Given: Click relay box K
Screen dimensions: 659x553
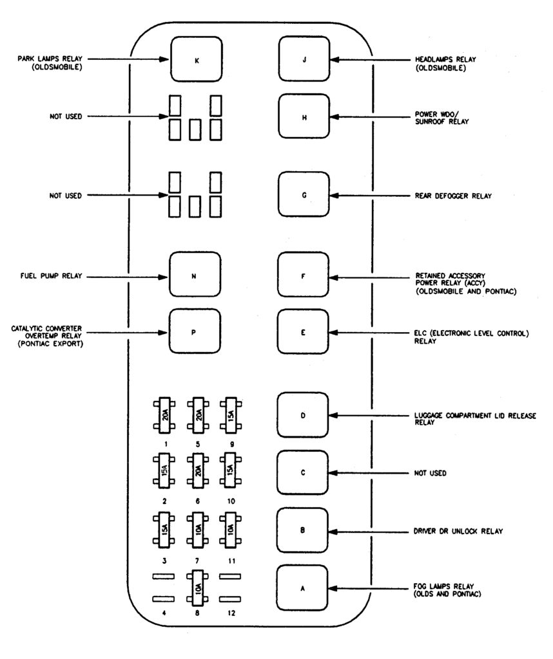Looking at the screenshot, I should [x=196, y=60].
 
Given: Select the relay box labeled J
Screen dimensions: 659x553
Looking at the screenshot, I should [x=304, y=60].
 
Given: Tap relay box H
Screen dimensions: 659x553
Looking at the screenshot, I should [x=304, y=117].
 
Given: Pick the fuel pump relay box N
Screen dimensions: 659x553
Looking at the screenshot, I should [x=194, y=276].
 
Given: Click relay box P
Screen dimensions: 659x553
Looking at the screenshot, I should [x=194, y=332].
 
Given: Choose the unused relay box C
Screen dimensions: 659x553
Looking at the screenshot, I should [x=302, y=474].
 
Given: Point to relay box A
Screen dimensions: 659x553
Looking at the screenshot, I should [x=302, y=588].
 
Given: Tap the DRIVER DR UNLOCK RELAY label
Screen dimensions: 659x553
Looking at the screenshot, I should [x=458, y=532].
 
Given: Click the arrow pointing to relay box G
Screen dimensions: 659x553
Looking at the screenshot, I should [x=367, y=195].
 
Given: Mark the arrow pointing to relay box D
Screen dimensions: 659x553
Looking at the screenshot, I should [x=367, y=416].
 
